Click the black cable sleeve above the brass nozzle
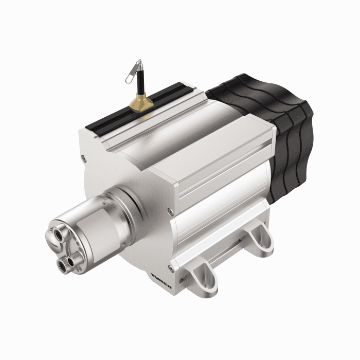click(x=140, y=82)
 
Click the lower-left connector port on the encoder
click(x=63, y=263)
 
